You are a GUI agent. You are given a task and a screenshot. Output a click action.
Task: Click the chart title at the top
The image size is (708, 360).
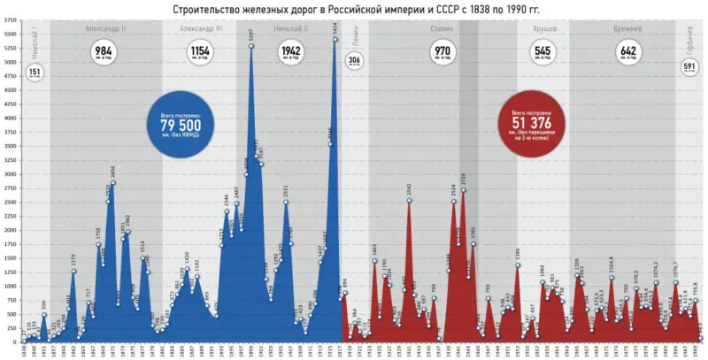tap(354, 9)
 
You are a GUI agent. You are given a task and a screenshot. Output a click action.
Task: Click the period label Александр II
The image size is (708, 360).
tap(105, 28)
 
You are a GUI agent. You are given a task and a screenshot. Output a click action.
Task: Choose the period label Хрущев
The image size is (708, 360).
tap(544, 28)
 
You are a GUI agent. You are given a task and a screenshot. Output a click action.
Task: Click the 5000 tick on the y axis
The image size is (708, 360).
tap(10, 62)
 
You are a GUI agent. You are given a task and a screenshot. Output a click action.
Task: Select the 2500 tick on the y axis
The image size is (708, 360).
tap(10, 202)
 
